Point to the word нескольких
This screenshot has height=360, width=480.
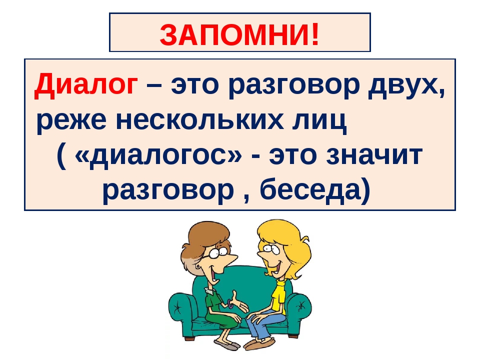click(x=199, y=120)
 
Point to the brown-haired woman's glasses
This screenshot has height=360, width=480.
click(x=215, y=252)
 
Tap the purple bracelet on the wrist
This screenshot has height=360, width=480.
click(x=230, y=303)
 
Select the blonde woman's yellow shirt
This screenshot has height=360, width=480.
click(x=279, y=296)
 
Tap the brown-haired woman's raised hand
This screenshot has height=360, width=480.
click(x=239, y=303)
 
